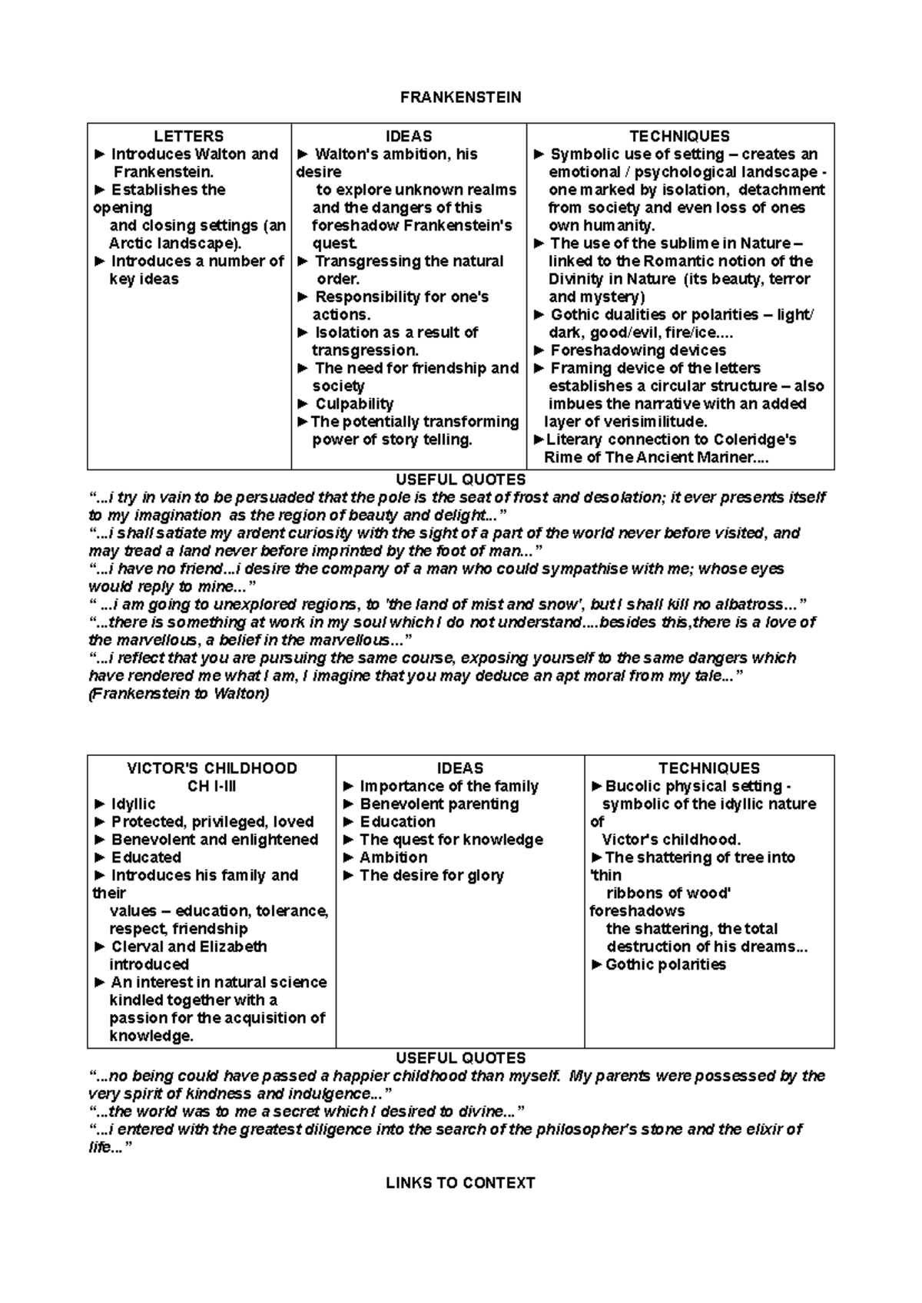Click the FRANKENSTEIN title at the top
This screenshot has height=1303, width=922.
(460, 98)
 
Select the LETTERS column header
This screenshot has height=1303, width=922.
(188, 137)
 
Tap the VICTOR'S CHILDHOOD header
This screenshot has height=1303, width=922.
(211, 768)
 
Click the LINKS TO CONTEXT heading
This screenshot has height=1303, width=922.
(460, 1183)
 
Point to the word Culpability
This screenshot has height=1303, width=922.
(354, 404)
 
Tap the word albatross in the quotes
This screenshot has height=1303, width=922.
(742, 605)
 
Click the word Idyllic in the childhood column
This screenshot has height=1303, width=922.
(133, 804)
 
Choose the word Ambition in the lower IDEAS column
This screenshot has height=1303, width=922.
(393, 857)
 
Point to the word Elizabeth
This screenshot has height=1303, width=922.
(233, 947)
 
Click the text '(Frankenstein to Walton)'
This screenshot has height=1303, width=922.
(179, 694)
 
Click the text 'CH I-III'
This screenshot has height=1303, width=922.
(211, 786)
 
